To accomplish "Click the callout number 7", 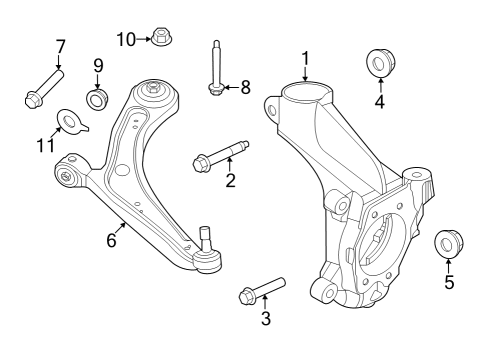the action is pyautogui.click(x=60, y=47).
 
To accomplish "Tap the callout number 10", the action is pyautogui.click(x=126, y=40).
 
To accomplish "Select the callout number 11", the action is pyautogui.click(x=45, y=145).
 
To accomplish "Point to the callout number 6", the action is pyautogui.click(x=111, y=240).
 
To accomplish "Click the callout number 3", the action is pyautogui.click(x=266, y=318).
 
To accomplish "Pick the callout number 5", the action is pyautogui.click(x=449, y=282).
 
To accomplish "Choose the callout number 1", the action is pyautogui.click(x=305, y=59).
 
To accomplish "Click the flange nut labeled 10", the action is pyautogui.click(x=162, y=36).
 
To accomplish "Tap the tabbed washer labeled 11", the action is pyautogui.click(x=72, y=122).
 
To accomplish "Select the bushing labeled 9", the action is pyautogui.click(x=97, y=99).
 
